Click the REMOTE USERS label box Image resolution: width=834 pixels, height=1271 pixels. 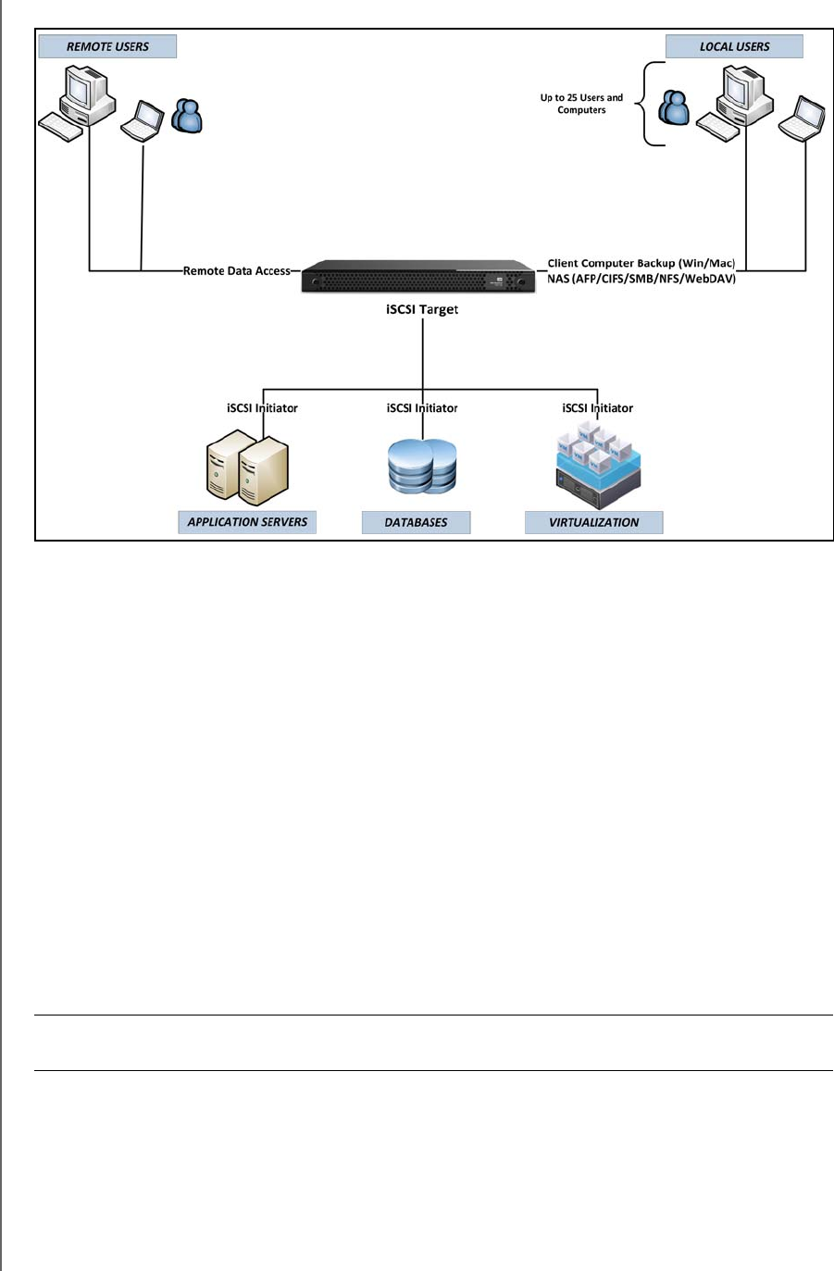click(107, 46)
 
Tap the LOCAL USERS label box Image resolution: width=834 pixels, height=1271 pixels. click(734, 46)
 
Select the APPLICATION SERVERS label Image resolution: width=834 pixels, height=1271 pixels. click(247, 522)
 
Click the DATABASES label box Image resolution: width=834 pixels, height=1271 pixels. click(416, 523)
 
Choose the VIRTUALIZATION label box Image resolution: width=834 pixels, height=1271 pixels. click(593, 523)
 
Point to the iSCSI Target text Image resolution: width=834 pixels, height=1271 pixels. click(422, 309)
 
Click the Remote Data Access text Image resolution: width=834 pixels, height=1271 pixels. click(237, 271)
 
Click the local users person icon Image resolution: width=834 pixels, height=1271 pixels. click(674, 108)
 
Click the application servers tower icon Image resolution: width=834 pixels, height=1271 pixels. click(246, 468)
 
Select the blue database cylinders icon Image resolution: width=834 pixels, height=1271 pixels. click(422, 467)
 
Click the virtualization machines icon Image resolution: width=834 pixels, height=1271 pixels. click(597, 466)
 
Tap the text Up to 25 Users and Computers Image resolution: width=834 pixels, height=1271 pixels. click(581, 104)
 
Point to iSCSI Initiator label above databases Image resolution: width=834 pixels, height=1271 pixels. click(422, 408)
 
